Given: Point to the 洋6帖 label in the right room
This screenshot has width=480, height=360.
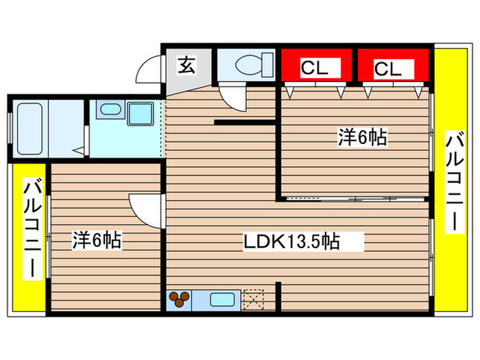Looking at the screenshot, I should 361,137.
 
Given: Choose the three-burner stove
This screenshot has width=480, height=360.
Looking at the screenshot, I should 180,299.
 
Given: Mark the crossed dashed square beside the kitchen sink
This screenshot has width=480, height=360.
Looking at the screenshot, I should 253,299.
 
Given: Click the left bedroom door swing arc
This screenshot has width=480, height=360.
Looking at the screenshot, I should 145,208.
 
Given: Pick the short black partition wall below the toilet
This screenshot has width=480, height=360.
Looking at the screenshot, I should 245,123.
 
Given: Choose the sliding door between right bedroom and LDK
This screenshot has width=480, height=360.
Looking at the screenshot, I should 355,199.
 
